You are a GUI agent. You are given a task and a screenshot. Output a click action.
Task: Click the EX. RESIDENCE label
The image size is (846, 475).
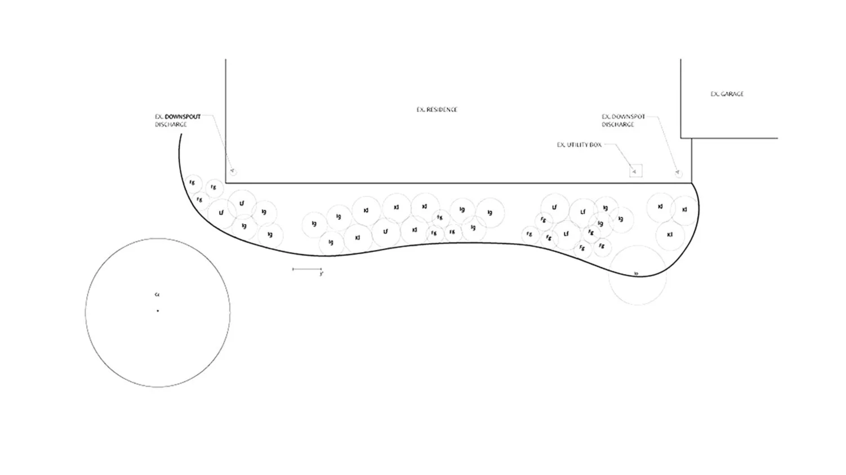point(437,110)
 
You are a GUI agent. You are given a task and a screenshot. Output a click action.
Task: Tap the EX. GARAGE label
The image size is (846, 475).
point(727,94)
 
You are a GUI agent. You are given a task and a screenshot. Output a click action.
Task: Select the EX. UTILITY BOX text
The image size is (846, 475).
point(579,145)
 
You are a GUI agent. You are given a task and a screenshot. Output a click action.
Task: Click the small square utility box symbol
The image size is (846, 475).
point(635,171)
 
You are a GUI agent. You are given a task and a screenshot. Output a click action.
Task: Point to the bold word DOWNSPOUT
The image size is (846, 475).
point(182,117)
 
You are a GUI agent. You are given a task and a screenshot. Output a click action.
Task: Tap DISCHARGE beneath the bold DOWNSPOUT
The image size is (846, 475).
point(171,124)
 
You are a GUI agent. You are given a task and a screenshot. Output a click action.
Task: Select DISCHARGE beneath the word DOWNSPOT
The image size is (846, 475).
point(617,124)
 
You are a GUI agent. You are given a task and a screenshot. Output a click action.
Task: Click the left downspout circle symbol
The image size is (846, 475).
point(233,171)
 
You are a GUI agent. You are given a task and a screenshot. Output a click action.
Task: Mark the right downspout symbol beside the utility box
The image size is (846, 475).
point(678,173)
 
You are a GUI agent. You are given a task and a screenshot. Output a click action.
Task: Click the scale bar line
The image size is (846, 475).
point(306,269)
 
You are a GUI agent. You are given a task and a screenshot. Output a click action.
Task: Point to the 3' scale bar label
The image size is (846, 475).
point(321,274)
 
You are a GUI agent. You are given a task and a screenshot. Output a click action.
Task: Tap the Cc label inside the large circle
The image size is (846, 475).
point(157,294)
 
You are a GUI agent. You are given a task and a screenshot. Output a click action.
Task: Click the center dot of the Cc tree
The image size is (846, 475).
point(158,311)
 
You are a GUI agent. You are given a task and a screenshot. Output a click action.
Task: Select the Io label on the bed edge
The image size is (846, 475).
point(636,274)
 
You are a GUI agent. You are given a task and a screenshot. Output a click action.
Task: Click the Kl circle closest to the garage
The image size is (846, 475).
point(684,210)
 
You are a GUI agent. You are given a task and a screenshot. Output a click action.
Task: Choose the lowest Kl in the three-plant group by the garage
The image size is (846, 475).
point(670,234)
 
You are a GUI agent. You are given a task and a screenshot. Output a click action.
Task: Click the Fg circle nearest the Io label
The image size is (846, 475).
point(602,247)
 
